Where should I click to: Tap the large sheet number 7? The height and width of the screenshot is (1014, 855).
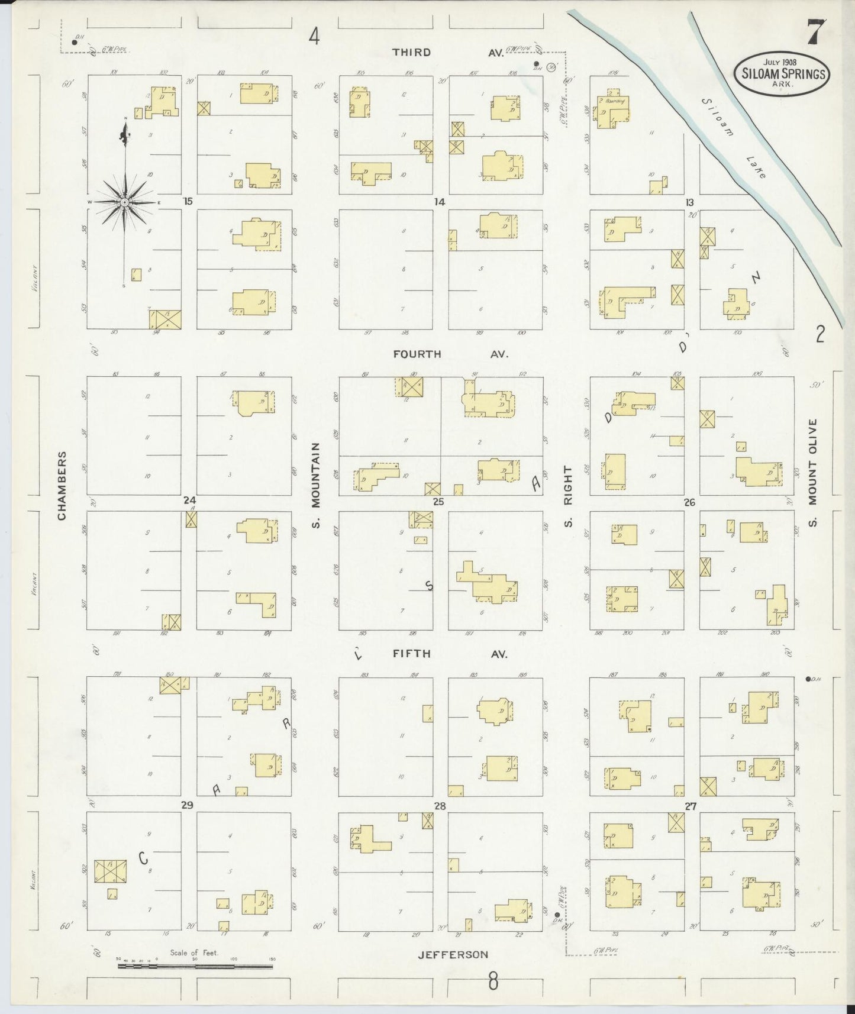pyautogui.click(x=816, y=33)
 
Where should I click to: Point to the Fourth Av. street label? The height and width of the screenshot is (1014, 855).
pyautogui.click(x=450, y=354)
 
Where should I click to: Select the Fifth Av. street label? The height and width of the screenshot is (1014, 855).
pyautogui.click(x=450, y=654)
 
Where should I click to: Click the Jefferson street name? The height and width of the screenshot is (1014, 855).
pyautogui.click(x=453, y=954)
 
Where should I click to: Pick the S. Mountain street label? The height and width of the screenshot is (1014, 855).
pyautogui.click(x=315, y=485)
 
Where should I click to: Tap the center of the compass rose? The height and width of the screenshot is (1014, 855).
pyautogui.click(x=125, y=202)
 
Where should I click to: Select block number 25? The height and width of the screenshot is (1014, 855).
pyautogui.click(x=438, y=502)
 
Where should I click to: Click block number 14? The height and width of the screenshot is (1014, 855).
pyautogui.click(x=438, y=202)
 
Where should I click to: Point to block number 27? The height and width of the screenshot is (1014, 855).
pyautogui.click(x=690, y=806)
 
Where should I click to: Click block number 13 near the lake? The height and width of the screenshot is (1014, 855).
pyautogui.click(x=689, y=202)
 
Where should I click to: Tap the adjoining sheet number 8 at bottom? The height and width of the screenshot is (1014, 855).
pyautogui.click(x=493, y=982)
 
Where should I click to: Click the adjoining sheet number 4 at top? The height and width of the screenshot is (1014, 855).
pyautogui.click(x=314, y=37)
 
